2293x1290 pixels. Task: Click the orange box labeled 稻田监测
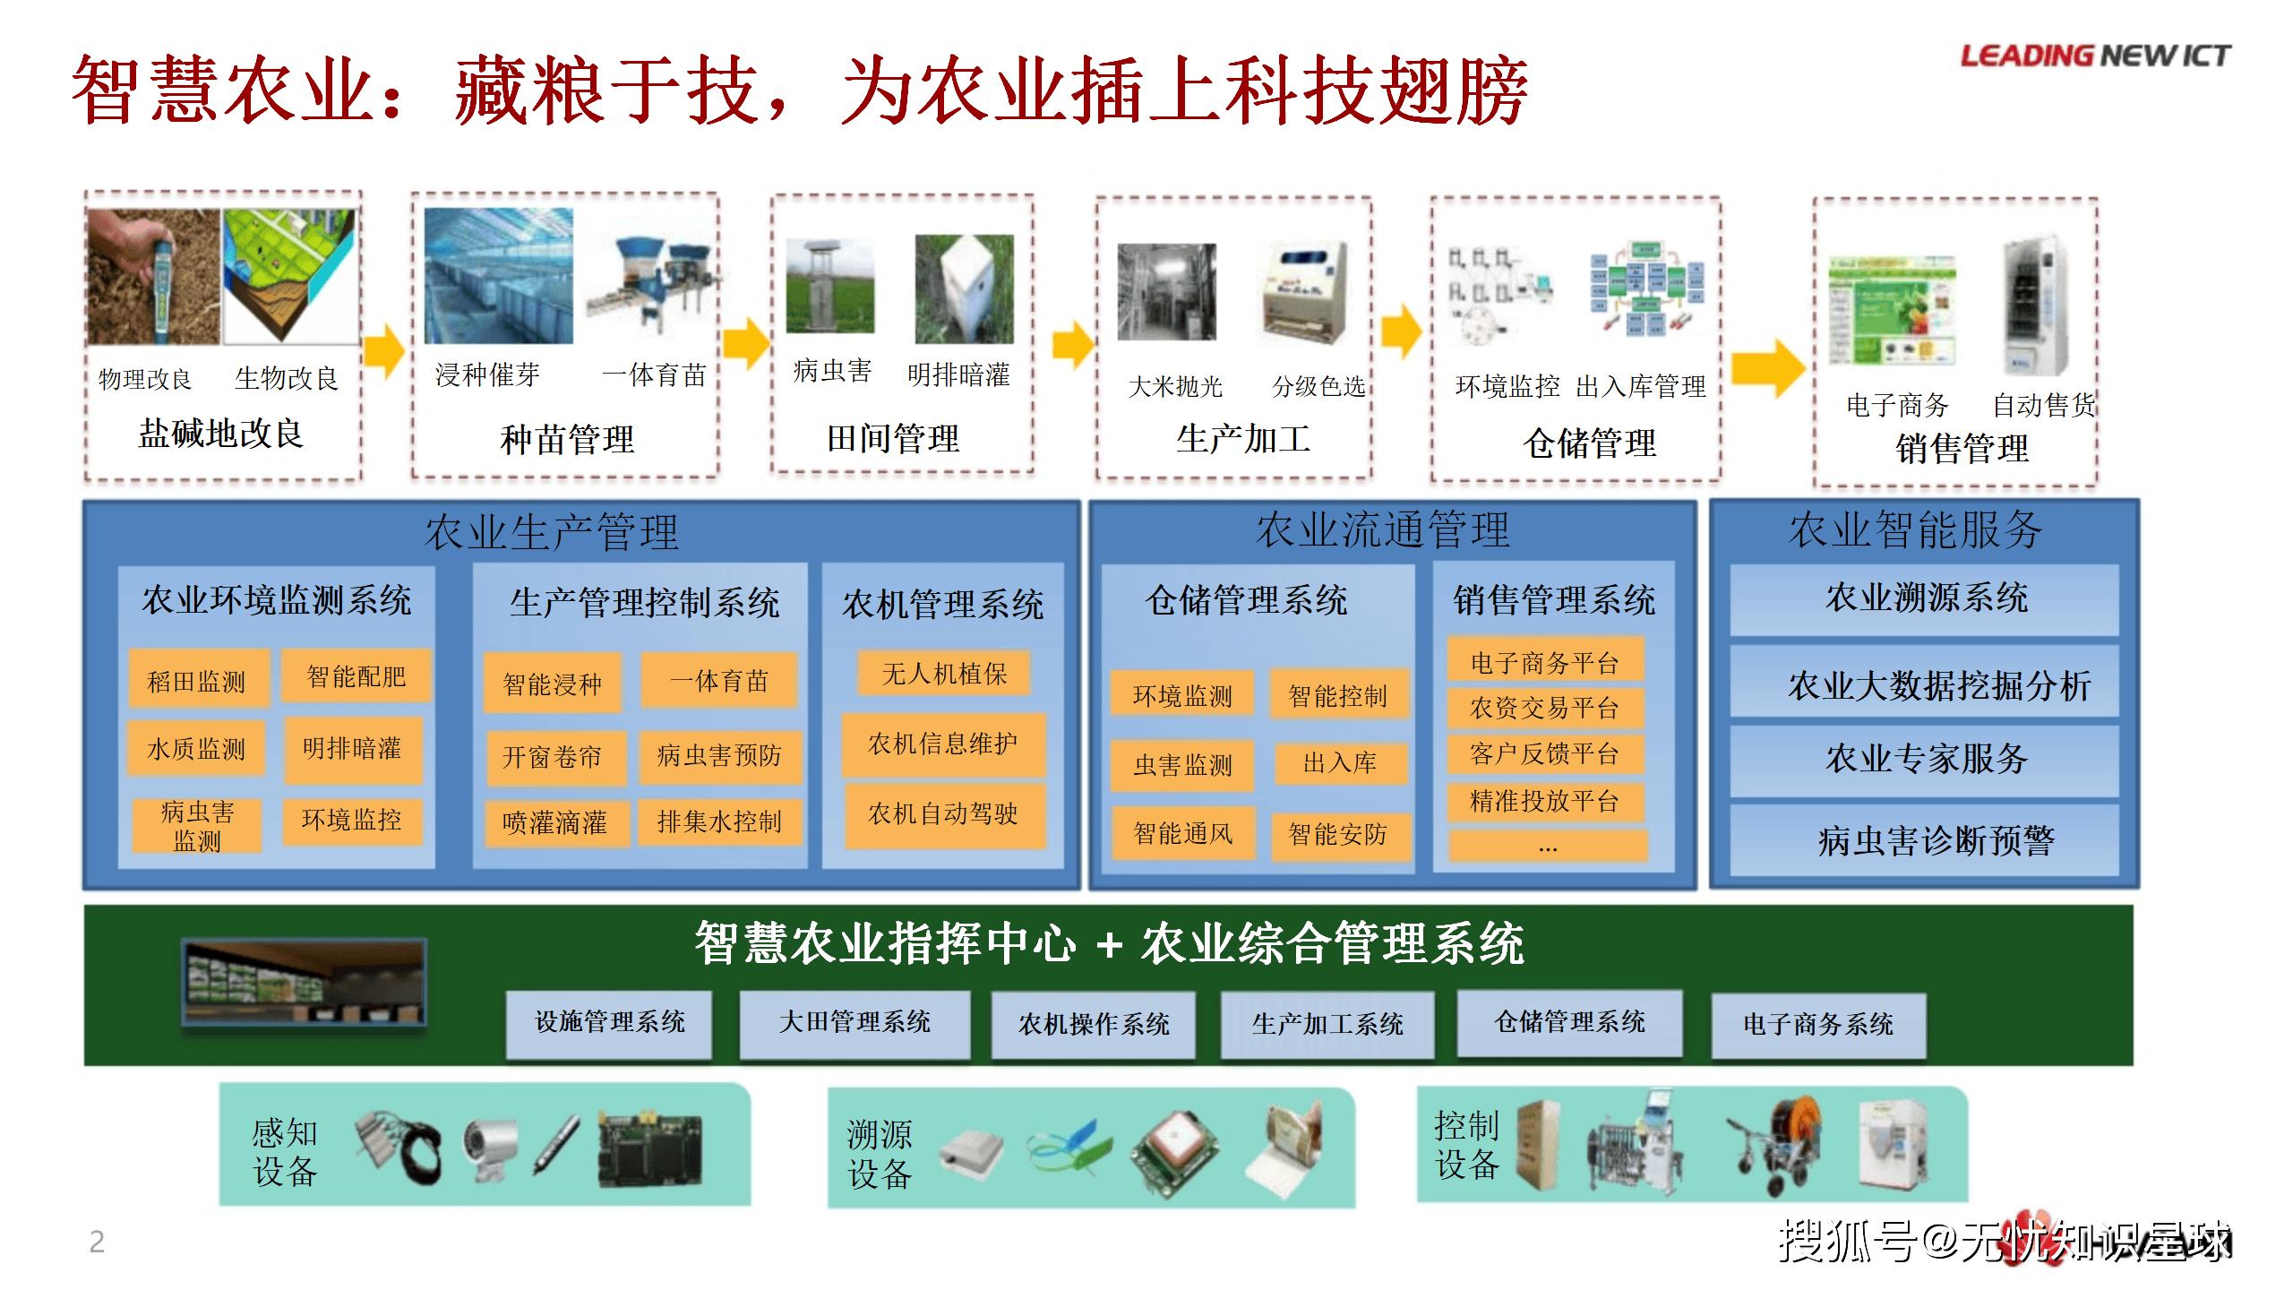(x=197, y=680)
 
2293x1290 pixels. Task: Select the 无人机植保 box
(x=944, y=673)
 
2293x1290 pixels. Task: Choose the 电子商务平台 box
(x=1545, y=661)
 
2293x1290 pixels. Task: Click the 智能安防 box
(x=1338, y=835)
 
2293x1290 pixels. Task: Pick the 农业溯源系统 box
(x=1925, y=598)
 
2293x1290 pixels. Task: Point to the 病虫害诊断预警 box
(x=1925, y=840)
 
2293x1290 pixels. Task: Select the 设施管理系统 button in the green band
(x=609, y=1023)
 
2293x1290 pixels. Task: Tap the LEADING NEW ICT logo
(x=2095, y=56)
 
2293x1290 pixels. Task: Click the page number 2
(x=97, y=1241)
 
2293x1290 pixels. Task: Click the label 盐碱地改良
(x=221, y=434)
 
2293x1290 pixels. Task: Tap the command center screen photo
(x=304, y=982)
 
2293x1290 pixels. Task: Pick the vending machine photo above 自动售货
(x=2035, y=305)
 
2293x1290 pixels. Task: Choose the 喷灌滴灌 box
(x=555, y=822)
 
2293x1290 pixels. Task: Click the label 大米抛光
(x=1175, y=387)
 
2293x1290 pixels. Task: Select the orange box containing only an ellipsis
(x=1548, y=847)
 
